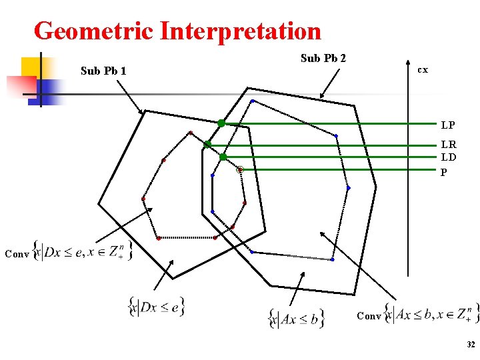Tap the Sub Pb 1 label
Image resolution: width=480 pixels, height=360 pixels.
click(103, 70)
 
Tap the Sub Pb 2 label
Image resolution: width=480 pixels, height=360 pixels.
click(323, 58)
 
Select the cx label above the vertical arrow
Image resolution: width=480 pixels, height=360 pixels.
click(422, 69)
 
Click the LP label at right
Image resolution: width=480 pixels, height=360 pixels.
click(448, 125)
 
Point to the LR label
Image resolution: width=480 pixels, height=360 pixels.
click(448, 145)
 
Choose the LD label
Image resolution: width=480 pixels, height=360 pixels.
click(448, 157)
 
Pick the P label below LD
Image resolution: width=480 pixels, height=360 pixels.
click(443, 172)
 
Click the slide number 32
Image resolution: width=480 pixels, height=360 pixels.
click(471, 345)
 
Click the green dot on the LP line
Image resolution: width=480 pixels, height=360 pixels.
click(221, 123)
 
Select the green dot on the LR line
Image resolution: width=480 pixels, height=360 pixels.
click(207, 144)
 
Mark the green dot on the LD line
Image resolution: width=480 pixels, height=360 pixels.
click(223, 157)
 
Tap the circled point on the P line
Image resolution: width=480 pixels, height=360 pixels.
click(241, 170)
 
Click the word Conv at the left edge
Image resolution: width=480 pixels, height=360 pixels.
click(16, 253)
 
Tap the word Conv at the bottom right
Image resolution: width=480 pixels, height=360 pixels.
click(369, 315)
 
